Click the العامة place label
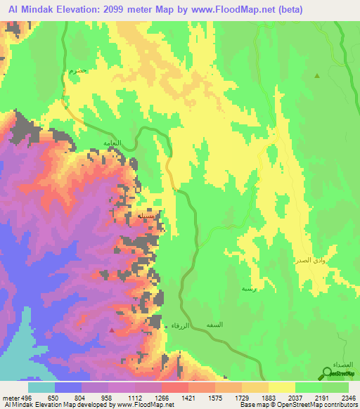pyautogui.click(x=112, y=143)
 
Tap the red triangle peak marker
pyautogui.click(x=112, y=327)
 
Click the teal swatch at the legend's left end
pyautogui.click(x=41, y=387)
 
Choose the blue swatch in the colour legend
pyautogui.click(x=68, y=387)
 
